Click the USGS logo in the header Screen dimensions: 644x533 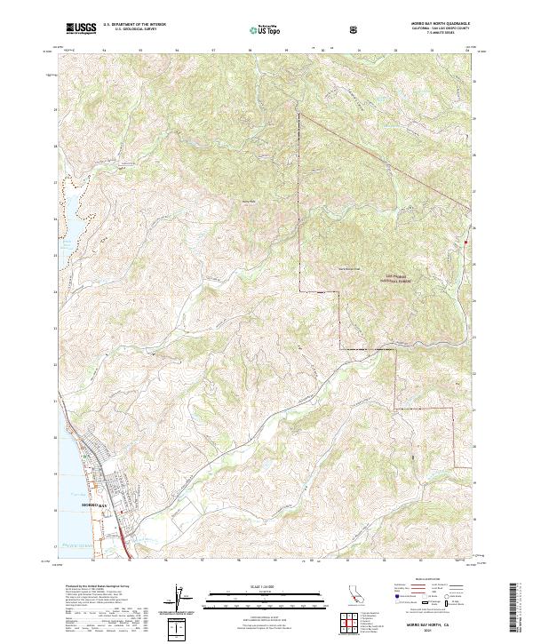tap(81, 28)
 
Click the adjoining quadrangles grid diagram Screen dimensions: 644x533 tap(353, 620)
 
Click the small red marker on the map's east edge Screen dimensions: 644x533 tap(465, 241)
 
